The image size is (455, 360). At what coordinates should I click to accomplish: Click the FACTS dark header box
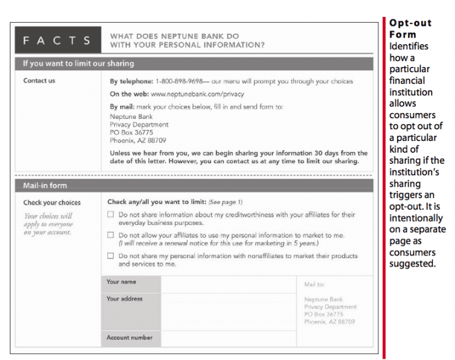click(x=58, y=40)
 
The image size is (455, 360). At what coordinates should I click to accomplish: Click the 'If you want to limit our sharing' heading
click(x=78, y=64)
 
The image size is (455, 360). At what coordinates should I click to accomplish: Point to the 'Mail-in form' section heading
click(x=45, y=186)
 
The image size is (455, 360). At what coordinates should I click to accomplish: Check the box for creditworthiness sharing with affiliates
click(x=110, y=214)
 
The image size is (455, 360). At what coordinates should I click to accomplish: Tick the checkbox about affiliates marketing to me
click(x=110, y=235)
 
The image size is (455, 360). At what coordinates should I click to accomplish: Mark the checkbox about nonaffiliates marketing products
click(x=110, y=256)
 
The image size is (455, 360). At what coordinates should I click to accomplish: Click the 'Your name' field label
click(x=122, y=282)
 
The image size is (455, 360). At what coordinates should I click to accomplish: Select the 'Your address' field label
click(x=124, y=299)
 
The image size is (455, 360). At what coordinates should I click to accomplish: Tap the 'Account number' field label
click(x=129, y=338)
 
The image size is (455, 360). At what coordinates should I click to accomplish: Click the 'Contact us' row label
click(x=39, y=81)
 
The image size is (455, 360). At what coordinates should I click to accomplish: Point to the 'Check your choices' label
click(x=52, y=203)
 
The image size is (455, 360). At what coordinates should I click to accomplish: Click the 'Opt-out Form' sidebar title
click(x=410, y=29)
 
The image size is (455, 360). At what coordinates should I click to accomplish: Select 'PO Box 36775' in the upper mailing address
click(x=131, y=132)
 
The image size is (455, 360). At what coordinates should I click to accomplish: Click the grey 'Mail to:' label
click(x=315, y=285)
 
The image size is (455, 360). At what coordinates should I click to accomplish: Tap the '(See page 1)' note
click(x=226, y=202)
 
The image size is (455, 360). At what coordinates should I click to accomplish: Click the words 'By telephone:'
click(x=131, y=81)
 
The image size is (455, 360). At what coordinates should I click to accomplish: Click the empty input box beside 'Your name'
click(x=227, y=283)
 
